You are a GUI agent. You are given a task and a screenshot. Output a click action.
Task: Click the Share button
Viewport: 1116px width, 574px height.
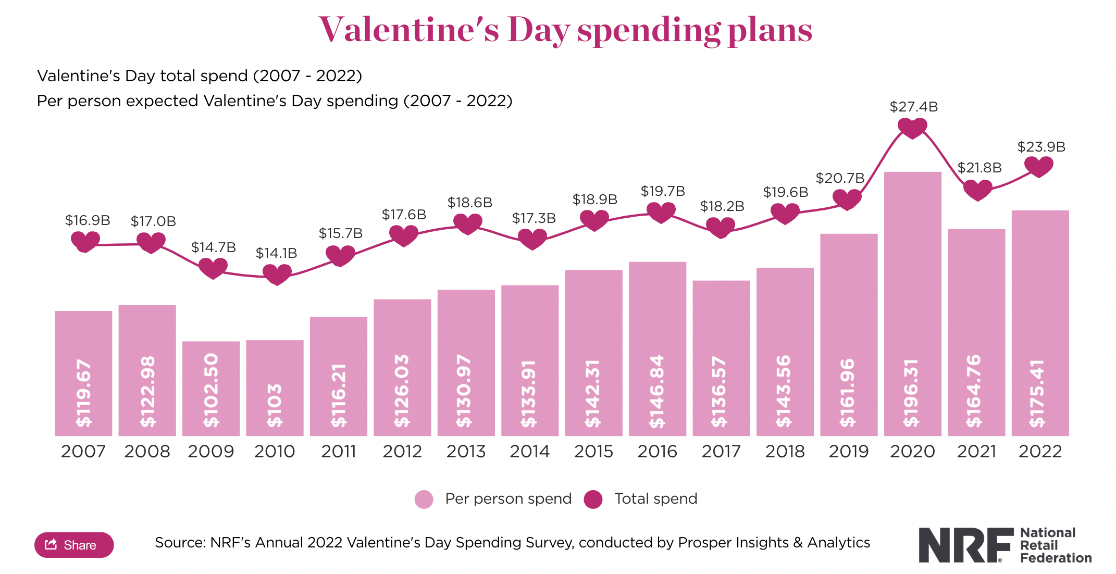click(74, 545)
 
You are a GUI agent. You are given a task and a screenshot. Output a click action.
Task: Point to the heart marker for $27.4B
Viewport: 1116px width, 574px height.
click(912, 127)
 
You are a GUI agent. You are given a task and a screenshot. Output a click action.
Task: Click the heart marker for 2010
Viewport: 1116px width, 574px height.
click(277, 274)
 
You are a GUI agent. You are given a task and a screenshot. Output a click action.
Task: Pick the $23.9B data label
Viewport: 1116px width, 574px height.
click(1041, 147)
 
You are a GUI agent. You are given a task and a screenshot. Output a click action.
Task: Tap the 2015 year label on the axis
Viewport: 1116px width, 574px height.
click(593, 451)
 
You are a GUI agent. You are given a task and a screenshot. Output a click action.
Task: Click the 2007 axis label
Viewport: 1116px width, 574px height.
click(83, 451)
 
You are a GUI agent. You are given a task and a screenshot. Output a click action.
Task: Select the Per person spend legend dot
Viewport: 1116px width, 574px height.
click(424, 499)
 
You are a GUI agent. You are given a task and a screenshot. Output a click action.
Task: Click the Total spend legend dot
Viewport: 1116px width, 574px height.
click(593, 499)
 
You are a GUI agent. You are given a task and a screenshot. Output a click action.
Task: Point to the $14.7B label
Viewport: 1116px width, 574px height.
click(213, 247)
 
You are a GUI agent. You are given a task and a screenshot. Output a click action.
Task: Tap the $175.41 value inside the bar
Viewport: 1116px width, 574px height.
click(1037, 393)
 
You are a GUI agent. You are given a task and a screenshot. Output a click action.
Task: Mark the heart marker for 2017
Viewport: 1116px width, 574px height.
click(721, 227)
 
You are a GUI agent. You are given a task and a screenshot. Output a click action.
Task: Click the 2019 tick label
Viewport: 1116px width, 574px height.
click(849, 451)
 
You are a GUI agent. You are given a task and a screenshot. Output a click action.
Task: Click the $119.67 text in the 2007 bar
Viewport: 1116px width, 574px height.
click(84, 393)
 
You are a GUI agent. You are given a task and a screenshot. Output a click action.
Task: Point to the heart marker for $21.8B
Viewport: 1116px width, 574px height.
click(977, 190)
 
